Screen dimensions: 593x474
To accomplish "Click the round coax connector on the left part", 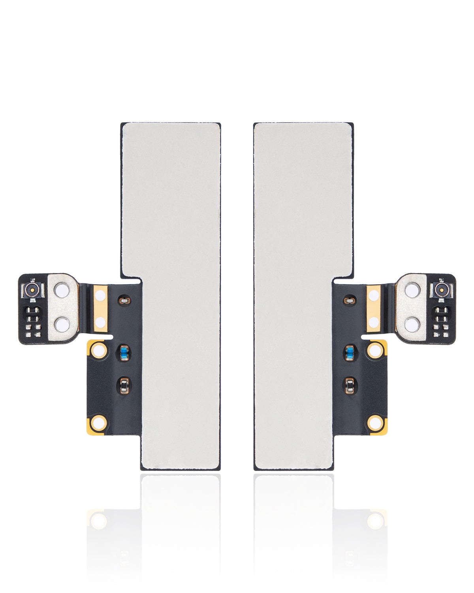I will [32, 290].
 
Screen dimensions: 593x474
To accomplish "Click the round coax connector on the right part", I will [442, 290].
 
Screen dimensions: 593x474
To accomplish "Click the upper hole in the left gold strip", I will [100, 295].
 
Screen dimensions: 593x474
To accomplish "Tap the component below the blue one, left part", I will [124, 385].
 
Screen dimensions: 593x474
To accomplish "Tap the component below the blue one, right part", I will [350, 385].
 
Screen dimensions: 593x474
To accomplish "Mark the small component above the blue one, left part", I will [125, 301].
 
